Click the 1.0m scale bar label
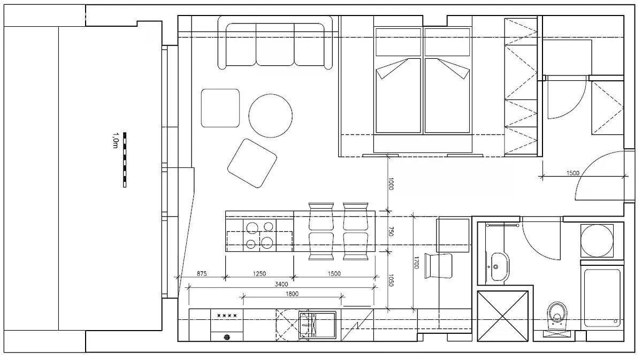coord(115,140)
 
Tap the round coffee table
coord(270,116)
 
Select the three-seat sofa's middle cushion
coord(275,44)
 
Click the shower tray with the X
coord(502,316)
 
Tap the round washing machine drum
coord(597,241)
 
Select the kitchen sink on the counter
coord(317,325)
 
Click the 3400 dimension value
coord(281,284)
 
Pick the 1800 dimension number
coord(292,294)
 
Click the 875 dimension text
coord(202,273)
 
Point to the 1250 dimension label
coord(259,273)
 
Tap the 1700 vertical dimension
coord(416,263)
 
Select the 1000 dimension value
coord(391,184)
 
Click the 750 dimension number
coord(391,231)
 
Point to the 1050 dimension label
coord(391,280)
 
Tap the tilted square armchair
coord(252,163)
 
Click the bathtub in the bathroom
coord(602,298)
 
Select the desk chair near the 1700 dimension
coord(438,266)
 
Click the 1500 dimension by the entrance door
coord(573,173)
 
